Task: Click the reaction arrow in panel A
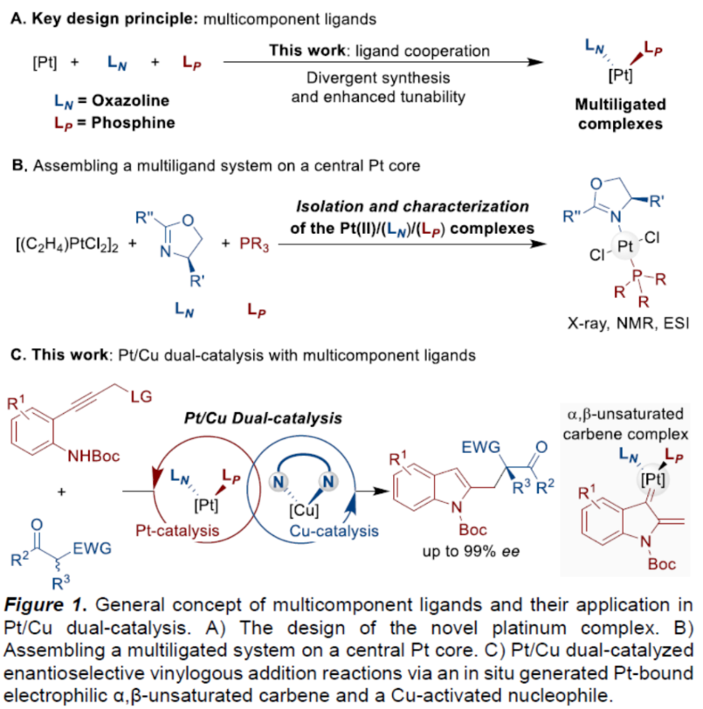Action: click(376, 63)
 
